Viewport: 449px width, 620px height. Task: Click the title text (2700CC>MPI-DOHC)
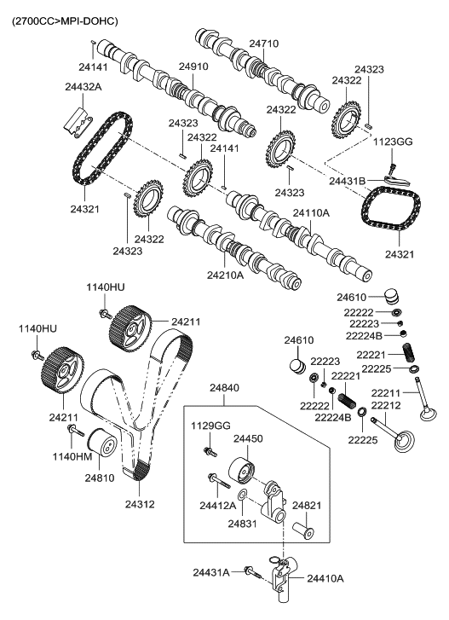pos(64,20)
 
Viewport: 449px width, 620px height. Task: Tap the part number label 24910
pos(193,66)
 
